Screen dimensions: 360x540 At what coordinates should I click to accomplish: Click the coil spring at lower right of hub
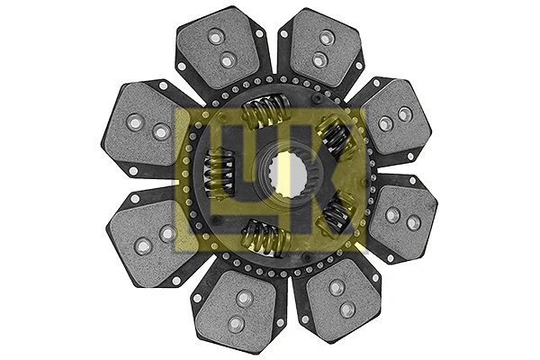pyautogui.click(x=337, y=215)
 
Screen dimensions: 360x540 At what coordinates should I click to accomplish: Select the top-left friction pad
pyautogui.click(x=221, y=49)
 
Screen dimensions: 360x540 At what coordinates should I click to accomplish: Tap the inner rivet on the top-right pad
pyautogui.click(x=318, y=60)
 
